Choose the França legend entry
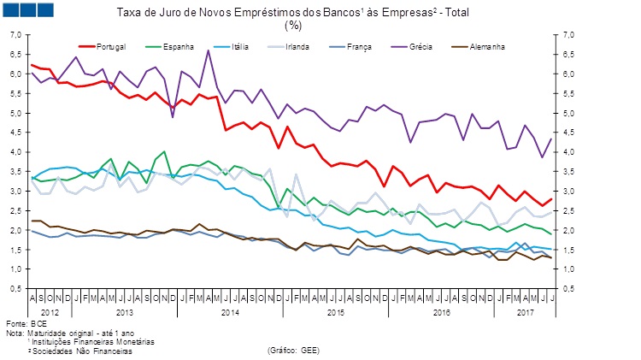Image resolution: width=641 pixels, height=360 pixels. click(x=360, y=44)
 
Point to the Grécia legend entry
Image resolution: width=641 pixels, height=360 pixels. click(x=420, y=44)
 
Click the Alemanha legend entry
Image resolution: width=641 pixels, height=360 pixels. click(x=485, y=44)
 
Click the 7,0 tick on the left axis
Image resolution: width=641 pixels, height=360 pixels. click(x=15, y=35)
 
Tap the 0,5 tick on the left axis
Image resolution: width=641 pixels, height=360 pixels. click(x=15, y=288)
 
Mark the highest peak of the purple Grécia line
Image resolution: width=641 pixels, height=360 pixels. click(x=209, y=50)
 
